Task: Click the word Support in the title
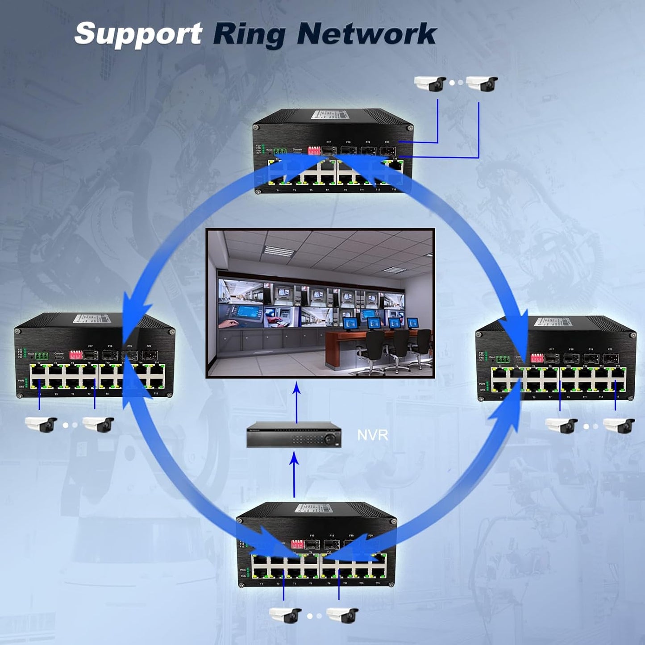(x=138, y=34)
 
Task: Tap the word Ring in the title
(x=249, y=35)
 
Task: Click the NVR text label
(x=372, y=435)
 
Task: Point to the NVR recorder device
(x=294, y=434)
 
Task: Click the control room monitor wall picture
(x=320, y=303)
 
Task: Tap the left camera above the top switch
(x=430, y=83)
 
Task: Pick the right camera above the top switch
(x=482, y=83)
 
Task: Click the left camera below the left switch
(x=41, y=424)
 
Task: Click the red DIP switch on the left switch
(x=75, y=355)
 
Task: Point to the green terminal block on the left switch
(x=42, y=356)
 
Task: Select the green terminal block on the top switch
(x=280, y=151)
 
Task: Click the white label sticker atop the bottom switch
(x=315, y=508)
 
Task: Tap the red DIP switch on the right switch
(x=537, y=358)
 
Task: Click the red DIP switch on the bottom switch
(x=297, y=544)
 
